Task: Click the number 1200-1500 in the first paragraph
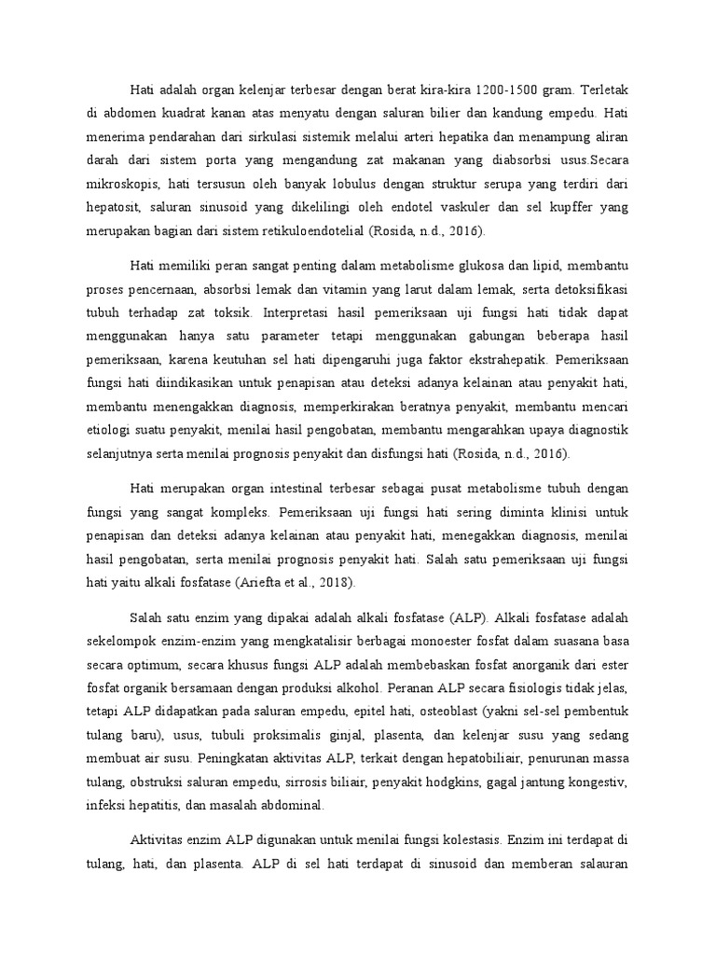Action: (505, 90)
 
